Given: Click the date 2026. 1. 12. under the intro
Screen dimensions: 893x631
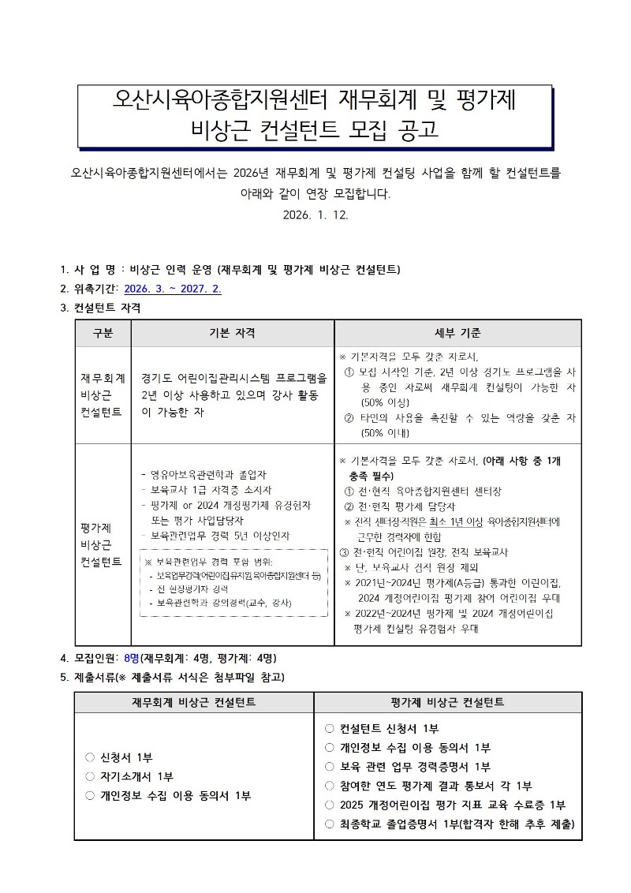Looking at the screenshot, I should (315, 215).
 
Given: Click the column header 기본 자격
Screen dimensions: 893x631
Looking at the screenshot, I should (232, 333).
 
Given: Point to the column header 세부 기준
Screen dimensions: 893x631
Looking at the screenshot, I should (457, 333).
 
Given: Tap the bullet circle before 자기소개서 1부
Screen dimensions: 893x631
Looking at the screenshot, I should (90, 777).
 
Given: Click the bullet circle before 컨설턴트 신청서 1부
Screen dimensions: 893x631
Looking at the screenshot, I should (330, 728).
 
